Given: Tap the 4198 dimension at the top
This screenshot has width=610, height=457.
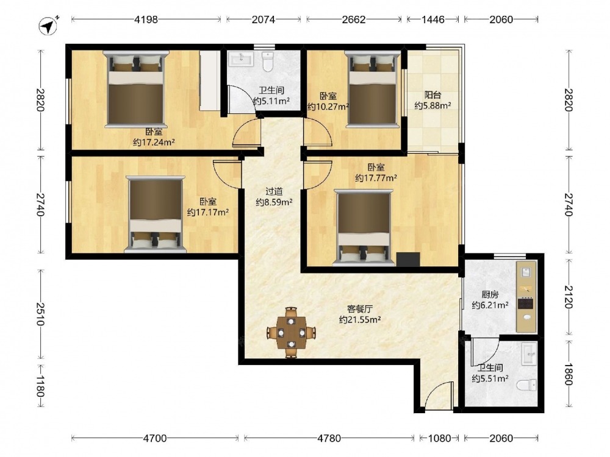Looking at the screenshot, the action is click(x=146, y=19).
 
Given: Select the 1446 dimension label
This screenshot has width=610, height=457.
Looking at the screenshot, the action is click(x=433, y=19).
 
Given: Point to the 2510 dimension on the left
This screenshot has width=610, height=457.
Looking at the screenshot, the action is click(x=40, y=314).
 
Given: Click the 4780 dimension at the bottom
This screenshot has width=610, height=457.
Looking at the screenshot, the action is click(x=329, y=438).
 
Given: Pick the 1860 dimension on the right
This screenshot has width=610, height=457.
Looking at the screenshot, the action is click(x=569, y=374).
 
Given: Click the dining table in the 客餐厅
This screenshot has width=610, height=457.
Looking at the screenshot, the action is click(x=291, y=332).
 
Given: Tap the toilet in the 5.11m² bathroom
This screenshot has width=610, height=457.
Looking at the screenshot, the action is click(x=268, y=62).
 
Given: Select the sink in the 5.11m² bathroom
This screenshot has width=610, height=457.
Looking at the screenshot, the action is click(x=241, y=59).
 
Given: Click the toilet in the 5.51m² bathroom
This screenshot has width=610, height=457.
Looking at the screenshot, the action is click(x=527, y=386).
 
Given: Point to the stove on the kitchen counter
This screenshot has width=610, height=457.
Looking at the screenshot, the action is click(x=525, y=302).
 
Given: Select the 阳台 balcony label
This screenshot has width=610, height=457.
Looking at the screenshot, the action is click(x=432, y=95).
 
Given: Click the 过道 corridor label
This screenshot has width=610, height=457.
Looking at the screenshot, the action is click(x=274, y=191).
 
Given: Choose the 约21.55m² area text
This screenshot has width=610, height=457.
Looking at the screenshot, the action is click(x=360, y=320).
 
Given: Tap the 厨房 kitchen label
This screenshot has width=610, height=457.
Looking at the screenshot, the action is click(x=490, y=294).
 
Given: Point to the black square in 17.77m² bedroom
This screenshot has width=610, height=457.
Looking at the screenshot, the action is click(x=408, y=260).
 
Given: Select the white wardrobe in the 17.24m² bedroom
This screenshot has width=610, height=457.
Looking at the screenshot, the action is click(x=210, y=80).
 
